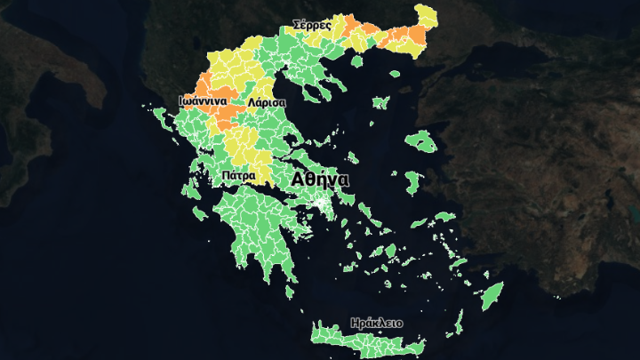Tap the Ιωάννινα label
(203, 101)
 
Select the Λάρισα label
(266, 102)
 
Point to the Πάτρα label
(239, 175)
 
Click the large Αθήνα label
(320, 179)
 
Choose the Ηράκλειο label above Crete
(377, 323)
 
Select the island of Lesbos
(420, 141)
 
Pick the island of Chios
(411, 182)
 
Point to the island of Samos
(444, 217)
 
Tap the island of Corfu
(161, 116)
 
